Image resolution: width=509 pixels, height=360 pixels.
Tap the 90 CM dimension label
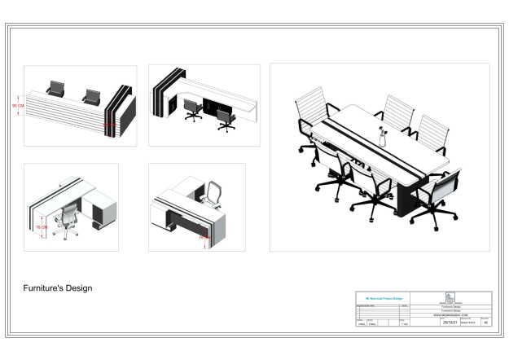coord(16,107)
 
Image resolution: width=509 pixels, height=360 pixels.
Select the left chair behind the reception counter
coord(56,88)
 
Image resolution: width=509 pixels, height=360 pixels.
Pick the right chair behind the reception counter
coord(91,96)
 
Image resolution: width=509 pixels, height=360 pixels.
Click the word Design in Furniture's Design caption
coord(78,288)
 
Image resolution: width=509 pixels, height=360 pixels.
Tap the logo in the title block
coord(450,297)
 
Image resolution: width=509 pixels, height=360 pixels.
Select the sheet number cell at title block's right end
coord(486,323)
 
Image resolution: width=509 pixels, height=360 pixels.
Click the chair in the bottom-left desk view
coord(68,220)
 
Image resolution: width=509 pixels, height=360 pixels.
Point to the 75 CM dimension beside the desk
coord(40,227)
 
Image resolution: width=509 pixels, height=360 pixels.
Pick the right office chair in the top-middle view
coord(226,121)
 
